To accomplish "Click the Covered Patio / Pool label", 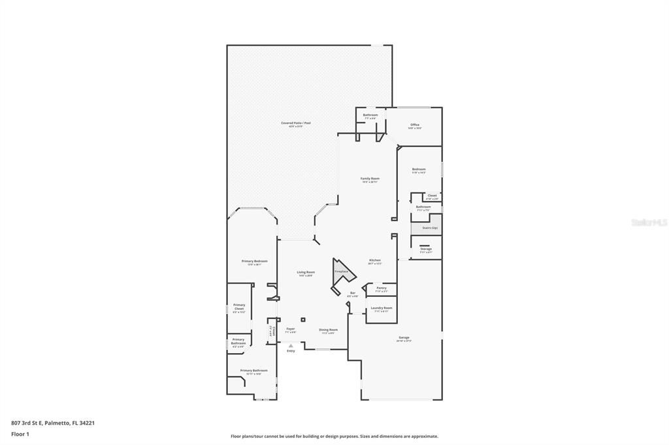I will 296,123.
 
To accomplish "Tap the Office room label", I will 415,125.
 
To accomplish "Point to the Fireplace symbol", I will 341,271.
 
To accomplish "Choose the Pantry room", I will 382,288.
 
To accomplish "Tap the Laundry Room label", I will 382,309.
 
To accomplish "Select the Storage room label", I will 426,249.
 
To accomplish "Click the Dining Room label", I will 328,330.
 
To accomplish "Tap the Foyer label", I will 291,330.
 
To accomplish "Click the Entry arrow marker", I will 291,346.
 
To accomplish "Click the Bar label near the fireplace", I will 353,294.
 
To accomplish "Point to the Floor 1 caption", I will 20,434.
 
